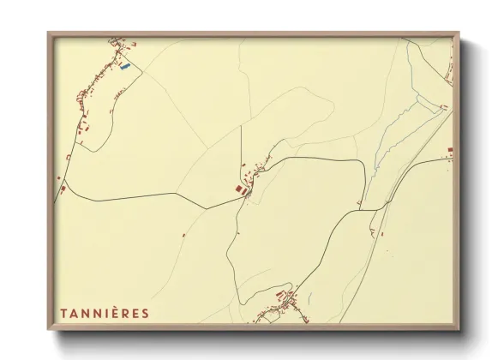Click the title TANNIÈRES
coord(104,313)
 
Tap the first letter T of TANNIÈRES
coord(63,313)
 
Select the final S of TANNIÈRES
coord(145,313)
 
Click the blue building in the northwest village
coord(126,66)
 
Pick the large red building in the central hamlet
coord(239,187)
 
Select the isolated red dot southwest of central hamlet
coord(183,235)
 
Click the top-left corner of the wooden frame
coord(49,33)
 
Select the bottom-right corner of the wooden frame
coord(461,330)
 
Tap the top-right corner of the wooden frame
coord(461,33)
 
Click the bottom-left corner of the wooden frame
coord(49,330)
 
